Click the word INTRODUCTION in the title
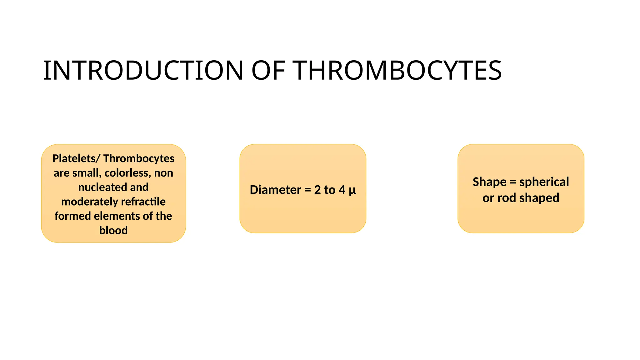[143, 71]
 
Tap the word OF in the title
[268, 71]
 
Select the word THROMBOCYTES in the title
[397, 71]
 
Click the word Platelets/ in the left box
[76, 158]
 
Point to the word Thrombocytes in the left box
[139, 158]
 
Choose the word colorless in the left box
[128, 173]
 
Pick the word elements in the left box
[117, 216]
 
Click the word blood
[113, 230]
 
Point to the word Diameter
[275, 190]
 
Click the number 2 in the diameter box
[317, 190]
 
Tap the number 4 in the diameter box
[342, 190]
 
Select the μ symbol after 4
[352, 190]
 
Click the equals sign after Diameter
[308, 190]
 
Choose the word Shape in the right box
[489, 182]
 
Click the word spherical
[544, 182]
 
